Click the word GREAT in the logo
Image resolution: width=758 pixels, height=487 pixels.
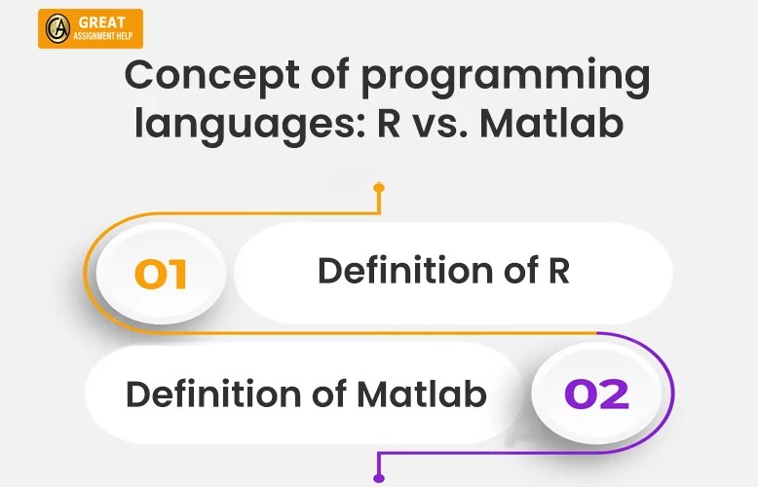102,22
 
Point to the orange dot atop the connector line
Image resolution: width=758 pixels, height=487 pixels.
379,187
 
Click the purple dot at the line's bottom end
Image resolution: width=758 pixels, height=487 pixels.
379,477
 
